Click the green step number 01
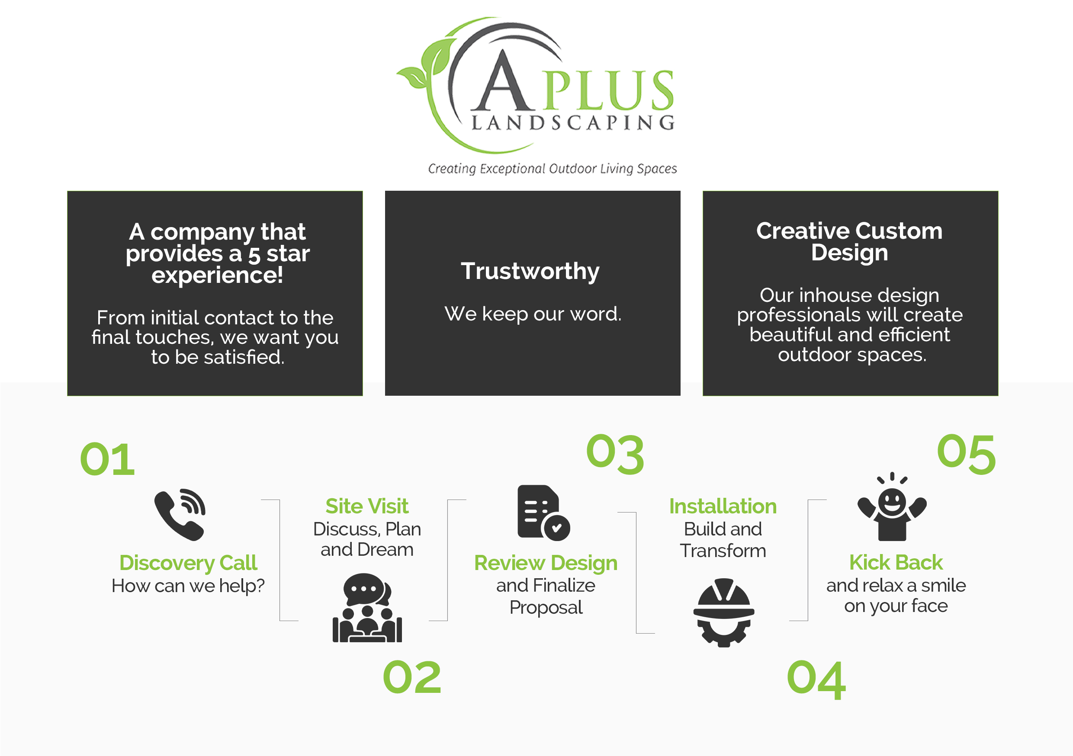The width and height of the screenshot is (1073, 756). [x=107, y=459]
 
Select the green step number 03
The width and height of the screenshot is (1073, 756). [x=615, y=454]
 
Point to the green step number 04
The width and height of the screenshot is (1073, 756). [x=816, y=679]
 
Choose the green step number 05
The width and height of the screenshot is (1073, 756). [x=966, y=454]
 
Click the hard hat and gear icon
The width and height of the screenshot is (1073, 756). [x=723, y=612]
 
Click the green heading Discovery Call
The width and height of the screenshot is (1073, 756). [x=188, y=563]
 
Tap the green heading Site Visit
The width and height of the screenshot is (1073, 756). [x=367, y=506]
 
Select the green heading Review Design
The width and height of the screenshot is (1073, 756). [x=546, y=563]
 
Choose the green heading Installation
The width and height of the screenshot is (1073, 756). [x=723, y=506]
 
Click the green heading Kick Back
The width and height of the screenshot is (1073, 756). [x=896, y=563]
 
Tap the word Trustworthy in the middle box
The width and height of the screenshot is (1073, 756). [x=530, y=271]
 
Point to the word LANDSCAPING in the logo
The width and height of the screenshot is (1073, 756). [x=573, y=123]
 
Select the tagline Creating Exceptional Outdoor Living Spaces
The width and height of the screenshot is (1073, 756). [x=553, y=169]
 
